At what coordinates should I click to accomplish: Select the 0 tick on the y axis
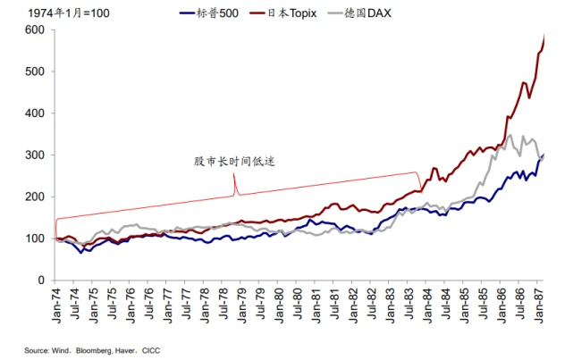pyautogui.click(x=40, y=280)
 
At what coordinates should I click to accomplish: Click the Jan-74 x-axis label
pyautogui.click(x=57, y=304)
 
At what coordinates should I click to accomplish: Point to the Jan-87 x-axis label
pyautogui.click(x=541, y=304)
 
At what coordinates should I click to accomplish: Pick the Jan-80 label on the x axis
pyautogui.click(x=281, y=304)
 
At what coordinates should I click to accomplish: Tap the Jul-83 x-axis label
pyautogui.click(x=410, y=304)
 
